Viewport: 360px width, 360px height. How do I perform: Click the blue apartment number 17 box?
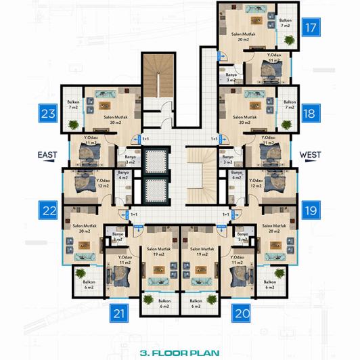(311, 28)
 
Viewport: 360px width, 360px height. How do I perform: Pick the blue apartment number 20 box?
(241, 313)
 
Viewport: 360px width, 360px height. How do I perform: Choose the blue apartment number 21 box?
(119, 313)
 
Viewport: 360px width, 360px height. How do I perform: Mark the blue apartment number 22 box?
(48, 210)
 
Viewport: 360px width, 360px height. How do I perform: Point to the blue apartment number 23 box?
(48, 113)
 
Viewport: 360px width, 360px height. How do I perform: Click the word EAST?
(47, 155)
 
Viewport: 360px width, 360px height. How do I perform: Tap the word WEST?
(310, 155)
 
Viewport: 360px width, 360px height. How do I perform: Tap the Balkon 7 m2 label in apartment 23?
(72, 105)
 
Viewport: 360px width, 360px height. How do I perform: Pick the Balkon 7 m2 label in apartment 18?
(289, 105)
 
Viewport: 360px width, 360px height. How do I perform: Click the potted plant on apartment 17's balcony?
(290, 41)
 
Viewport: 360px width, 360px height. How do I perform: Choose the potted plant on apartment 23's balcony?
(72, 124)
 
